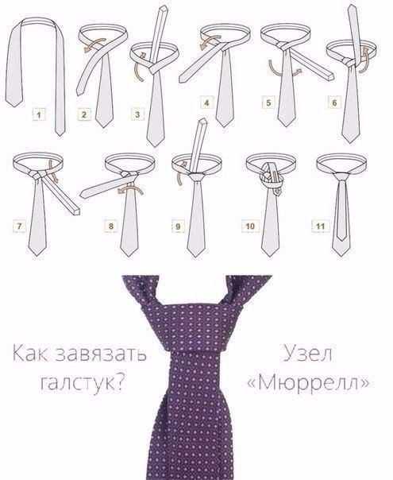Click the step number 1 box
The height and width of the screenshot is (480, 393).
pyautogui.click(x=39, y=115)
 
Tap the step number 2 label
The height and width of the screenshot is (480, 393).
pyautogui.click(x=84, y=114)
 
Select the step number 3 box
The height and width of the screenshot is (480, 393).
pyautogui.click(x=137, y=114)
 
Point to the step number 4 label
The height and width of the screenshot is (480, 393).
pyautogui.click(x=206, y=103)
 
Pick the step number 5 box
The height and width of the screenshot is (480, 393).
pyautogui.click(x=268, y=103)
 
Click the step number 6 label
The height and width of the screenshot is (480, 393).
pyautogui.click(x=334, y=103)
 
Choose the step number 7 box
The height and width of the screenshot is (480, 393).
pyautogui.click(x=19, y=226)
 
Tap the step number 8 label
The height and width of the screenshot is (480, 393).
pyautogui.click(x=110, y=226)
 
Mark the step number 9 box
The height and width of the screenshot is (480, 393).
pyautogui.click(x=178, y=226)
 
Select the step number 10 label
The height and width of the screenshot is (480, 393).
pyautogui.click(x=250, y=226)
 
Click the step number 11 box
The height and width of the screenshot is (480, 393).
pyautogui.click(x=320, y=226)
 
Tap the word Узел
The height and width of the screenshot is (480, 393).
pyautogui.click(x=308, y=354)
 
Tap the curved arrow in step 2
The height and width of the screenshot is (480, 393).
pyautogui.click(x=95, y=45)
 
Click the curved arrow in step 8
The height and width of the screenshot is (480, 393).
pyautogui.click(x=130, y=190)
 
